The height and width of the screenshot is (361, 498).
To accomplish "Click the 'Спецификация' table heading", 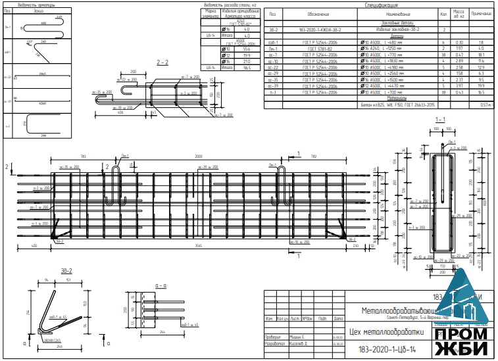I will (384, 5).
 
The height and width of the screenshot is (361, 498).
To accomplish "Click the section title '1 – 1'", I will (441, 119).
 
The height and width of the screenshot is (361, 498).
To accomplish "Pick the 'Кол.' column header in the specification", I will (445, 13).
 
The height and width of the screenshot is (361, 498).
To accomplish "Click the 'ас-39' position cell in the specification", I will (274, 85).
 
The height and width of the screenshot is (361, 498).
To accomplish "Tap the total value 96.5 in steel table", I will (247, 68).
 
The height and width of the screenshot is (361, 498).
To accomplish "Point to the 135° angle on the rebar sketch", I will (28, 41).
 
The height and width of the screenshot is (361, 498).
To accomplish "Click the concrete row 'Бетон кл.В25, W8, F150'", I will (397, 105).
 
